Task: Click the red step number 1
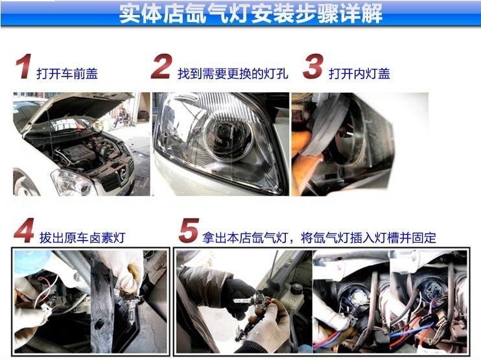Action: [23, 66]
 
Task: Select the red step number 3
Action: [313, 66]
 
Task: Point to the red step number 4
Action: [24, 230]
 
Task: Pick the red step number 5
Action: [189, 230]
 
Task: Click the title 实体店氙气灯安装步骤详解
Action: [251, 13]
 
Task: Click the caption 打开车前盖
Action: [67, 74]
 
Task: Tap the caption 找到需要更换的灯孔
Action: [233, 74]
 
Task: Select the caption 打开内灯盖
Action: [360, 74]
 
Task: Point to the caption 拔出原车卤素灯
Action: [82, 237]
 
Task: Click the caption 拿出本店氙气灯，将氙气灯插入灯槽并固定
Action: [319, 237]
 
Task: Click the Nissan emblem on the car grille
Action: [123, 174]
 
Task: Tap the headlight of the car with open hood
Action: [72, 183]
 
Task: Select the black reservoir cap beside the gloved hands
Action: [298, 289]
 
